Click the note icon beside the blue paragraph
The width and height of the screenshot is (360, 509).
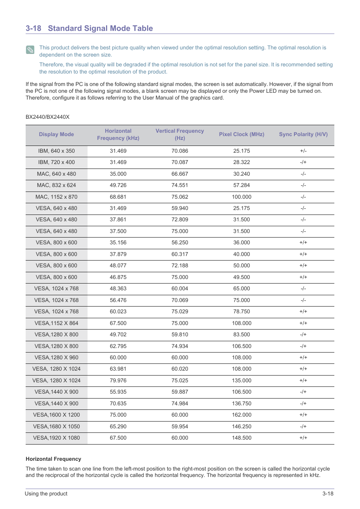coord(30,50)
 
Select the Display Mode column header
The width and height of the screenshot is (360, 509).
coord(56,135)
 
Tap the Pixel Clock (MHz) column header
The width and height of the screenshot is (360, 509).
coord(242,135)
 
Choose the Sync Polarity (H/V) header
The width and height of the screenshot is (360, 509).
coord(303,135)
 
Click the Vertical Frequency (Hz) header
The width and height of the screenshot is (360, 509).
coord(180,135)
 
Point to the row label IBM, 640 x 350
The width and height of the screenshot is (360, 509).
coord(56,151)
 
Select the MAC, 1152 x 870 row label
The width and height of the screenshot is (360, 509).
coord(56,197)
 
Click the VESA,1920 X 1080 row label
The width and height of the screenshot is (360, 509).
coord(56,438)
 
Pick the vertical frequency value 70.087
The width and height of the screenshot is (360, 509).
coord(180,162)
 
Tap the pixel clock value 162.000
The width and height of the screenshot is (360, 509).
coord(242,415)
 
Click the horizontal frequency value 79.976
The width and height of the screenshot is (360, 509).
coord(118,380)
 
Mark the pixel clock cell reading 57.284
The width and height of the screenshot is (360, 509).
coord(242,185)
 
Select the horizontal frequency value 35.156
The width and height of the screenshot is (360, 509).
coord(118,242)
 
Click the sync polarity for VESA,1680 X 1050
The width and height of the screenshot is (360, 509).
coord(303,426)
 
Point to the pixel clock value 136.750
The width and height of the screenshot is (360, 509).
coord(242,403)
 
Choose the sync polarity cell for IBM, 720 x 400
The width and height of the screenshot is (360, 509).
coord(303,162)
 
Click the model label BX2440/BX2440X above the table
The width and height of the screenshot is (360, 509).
coord(48,117)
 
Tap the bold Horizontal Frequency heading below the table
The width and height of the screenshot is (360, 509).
coord(53,459)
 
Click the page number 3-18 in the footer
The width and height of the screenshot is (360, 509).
coord(328,494)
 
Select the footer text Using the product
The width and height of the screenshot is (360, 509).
coord(46,494)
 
